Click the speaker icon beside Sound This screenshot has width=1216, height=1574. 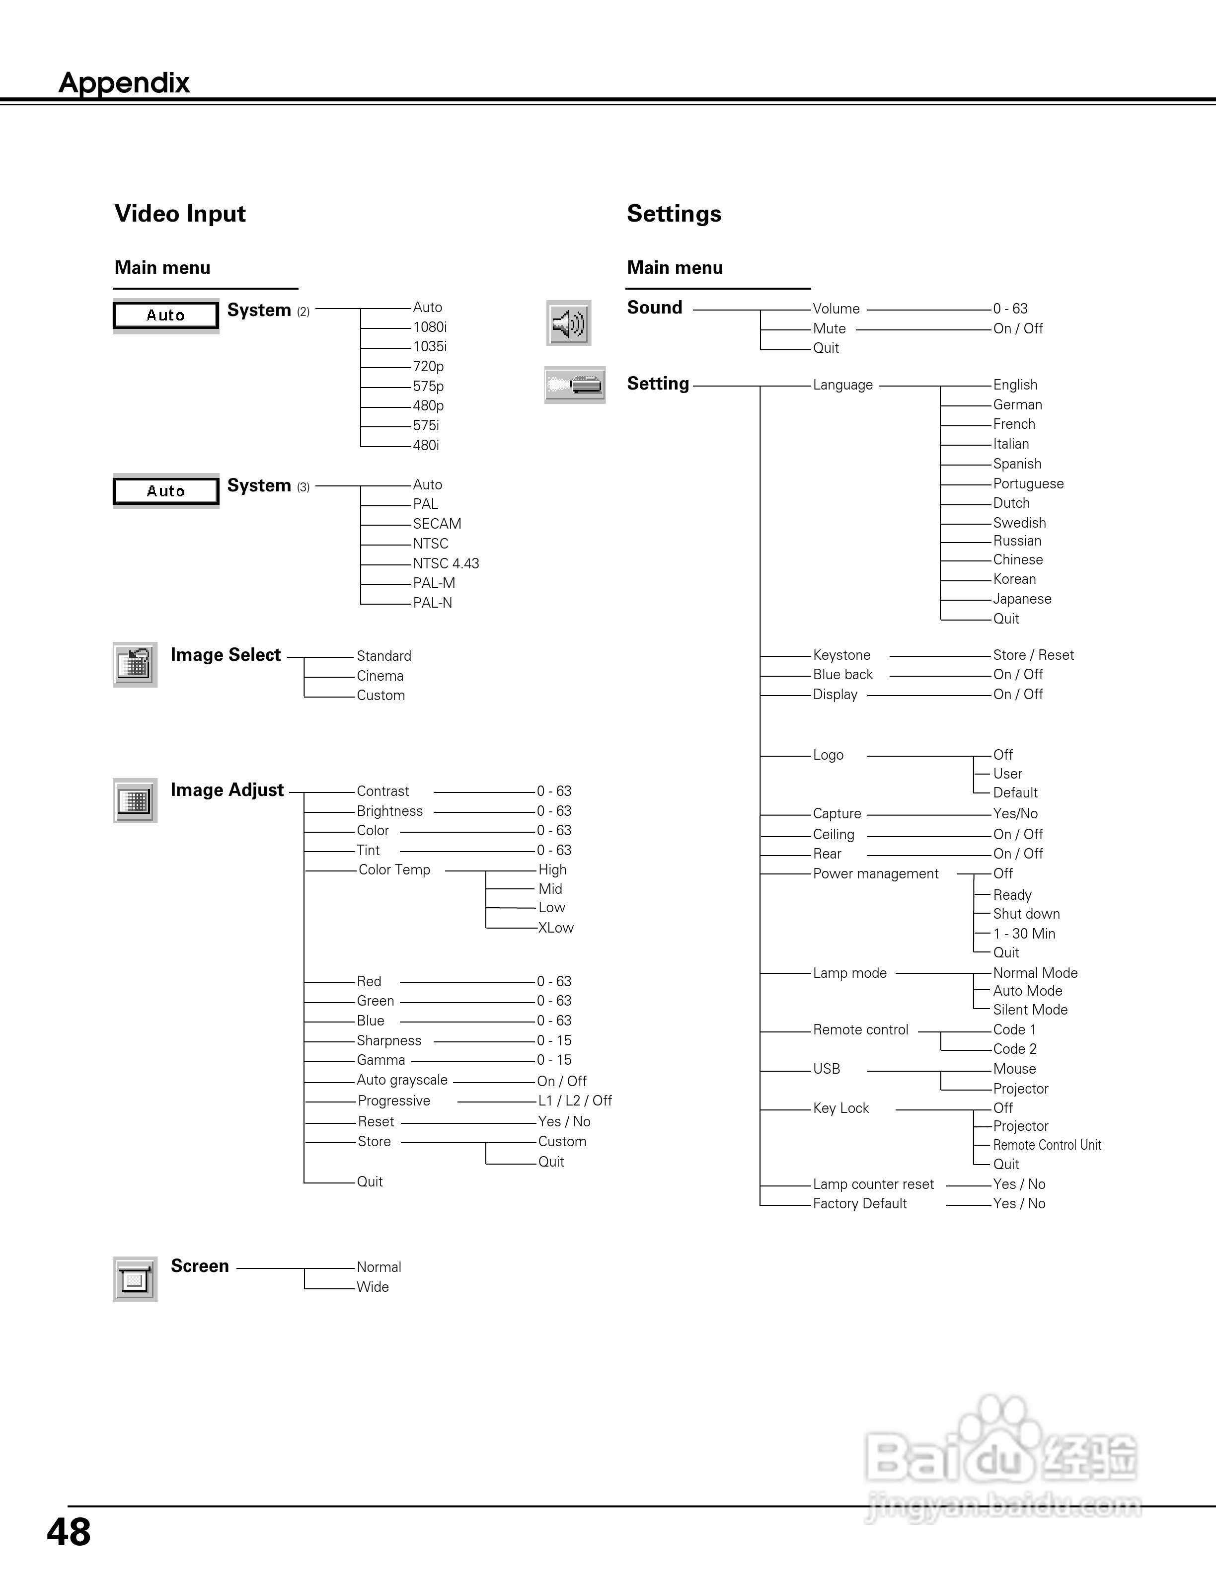(x=568, y=323)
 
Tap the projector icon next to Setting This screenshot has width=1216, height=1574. (x=574, y=385)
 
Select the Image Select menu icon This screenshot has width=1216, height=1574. (x=135, y=664)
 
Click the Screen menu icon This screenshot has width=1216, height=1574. (x=135, y=1279)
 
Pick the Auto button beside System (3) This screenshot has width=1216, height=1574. (x=166, y=491)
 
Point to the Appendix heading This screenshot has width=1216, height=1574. (x=124, y=83)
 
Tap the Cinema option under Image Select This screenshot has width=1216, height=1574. (x=380, y=676)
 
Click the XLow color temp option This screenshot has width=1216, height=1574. (x=555, y=928)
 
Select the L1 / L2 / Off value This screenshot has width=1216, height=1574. (x=575, y=1101)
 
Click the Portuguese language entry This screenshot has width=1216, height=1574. (x=1028, y=483)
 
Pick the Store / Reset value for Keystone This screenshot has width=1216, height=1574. (x=1033, y=655)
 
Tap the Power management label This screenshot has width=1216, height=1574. (x=875, y=873)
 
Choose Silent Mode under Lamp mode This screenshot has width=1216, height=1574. (x=1030, y=1010)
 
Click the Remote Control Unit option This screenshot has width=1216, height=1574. (x=1047, y=1145)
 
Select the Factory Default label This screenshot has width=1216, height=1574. (x=859, y=1203)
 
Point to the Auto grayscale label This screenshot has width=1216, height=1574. (x=402, y=1080)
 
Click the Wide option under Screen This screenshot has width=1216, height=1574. (x=373, y=1287)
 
